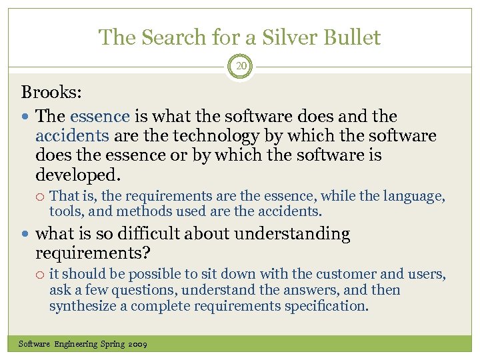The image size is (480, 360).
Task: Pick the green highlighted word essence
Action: click(x=99, y=116)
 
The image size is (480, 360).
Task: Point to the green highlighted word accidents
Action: click(x=72, y=136)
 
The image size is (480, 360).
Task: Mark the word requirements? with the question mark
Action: click(x=93, y=253)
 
